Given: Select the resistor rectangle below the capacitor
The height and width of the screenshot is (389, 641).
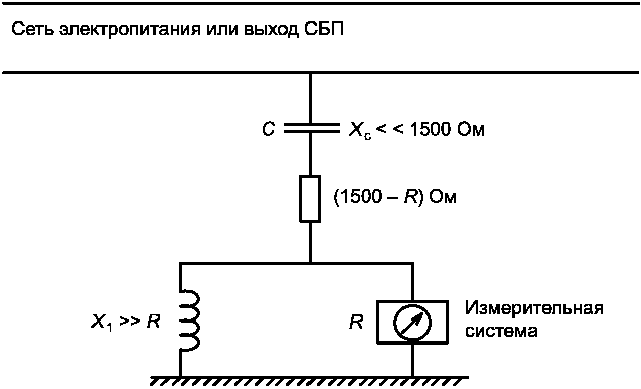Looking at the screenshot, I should click(311, 198).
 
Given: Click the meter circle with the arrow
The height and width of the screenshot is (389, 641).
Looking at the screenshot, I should click(413, 322).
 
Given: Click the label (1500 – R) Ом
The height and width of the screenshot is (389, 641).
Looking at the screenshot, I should click(394, 198).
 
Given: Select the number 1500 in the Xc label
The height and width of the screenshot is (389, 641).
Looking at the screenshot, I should click(430, 130).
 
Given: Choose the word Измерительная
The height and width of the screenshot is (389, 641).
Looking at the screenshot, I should click(534, 309).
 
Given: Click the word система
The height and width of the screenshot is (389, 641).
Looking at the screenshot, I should click(501, 331).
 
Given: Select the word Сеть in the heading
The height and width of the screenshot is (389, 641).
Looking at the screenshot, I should click(32, 29).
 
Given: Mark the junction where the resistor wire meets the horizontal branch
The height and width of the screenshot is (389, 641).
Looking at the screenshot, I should click(311, 263).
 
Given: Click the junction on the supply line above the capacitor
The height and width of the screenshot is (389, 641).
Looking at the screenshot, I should click(311, 74).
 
